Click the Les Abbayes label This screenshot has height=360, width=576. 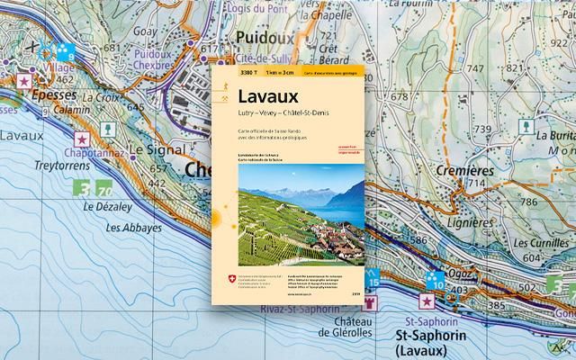click(x=135, y=228)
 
